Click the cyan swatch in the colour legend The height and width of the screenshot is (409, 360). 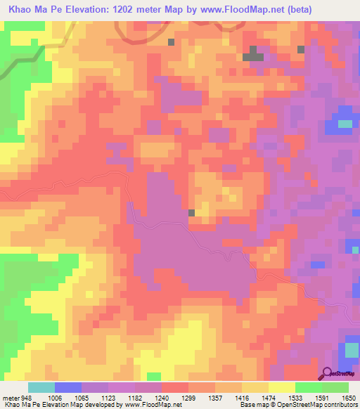(41, 387)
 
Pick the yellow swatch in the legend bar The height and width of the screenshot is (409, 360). (281, 387)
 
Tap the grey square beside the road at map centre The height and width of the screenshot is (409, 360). (192, 212)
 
